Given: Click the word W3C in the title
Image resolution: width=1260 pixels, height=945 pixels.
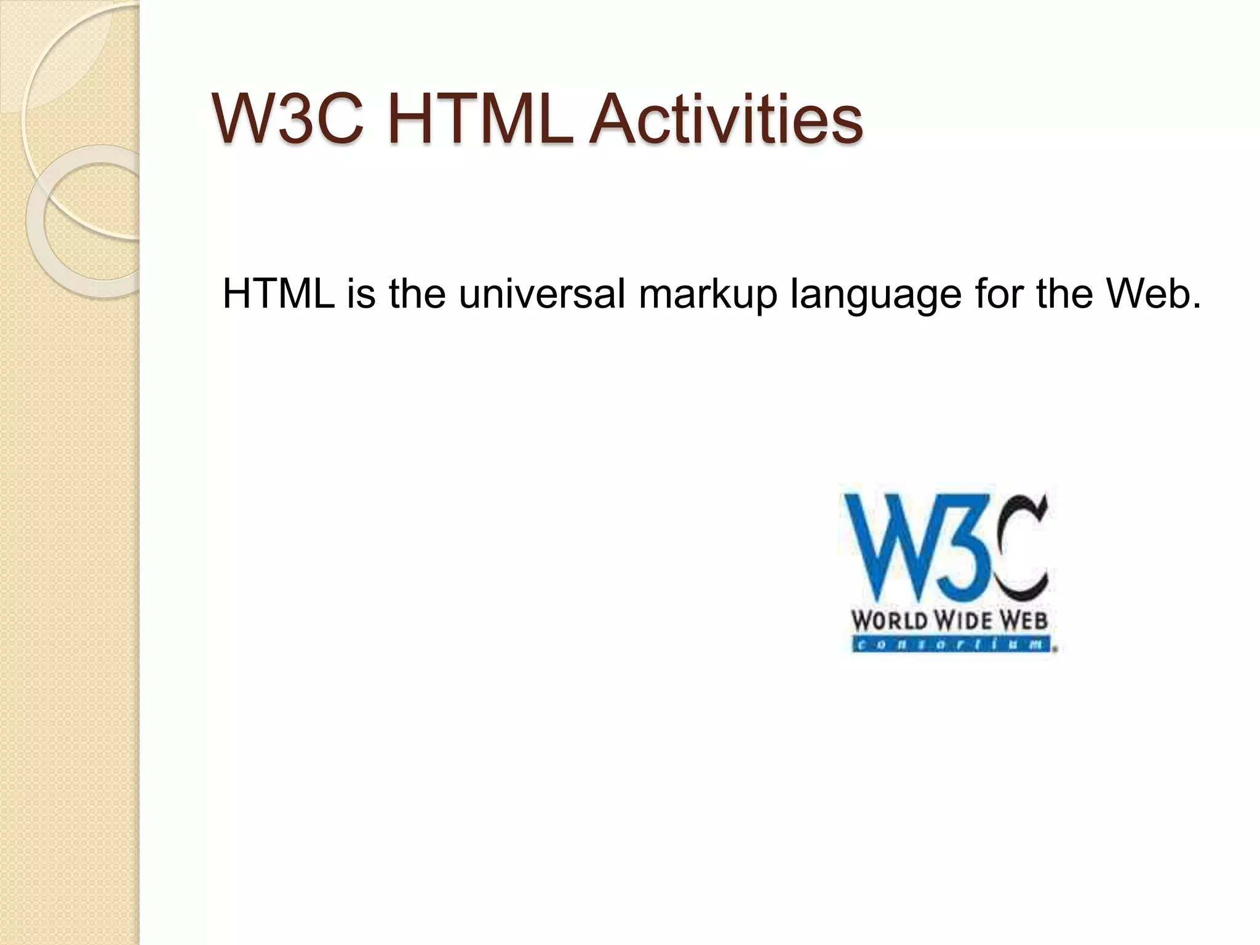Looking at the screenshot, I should click(288, 118).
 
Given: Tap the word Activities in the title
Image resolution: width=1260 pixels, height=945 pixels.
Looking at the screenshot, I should click(726, 118).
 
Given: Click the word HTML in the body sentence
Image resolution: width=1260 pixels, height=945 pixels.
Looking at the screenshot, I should click(278, 294).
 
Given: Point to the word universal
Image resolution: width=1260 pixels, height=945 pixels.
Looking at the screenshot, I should click(542, 294).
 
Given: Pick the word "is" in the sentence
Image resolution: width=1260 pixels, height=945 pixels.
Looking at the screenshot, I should click(361, 294).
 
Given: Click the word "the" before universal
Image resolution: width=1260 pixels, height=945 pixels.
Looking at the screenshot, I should click(417, 294).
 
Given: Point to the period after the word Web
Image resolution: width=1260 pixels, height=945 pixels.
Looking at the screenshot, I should click(1195, 305).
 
